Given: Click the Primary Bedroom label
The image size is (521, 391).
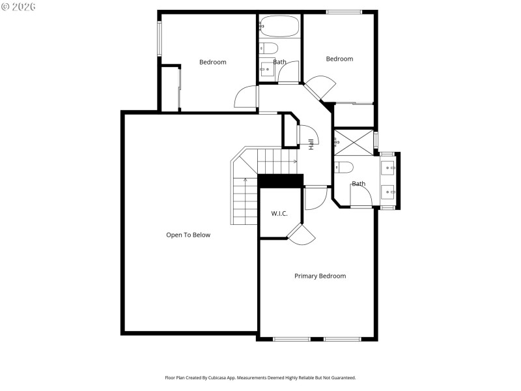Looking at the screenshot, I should (320, 276).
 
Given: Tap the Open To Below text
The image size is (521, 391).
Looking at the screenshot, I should (188, 235).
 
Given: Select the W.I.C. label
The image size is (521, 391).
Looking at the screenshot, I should (279, 214).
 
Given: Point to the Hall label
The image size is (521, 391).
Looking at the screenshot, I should (311, 145).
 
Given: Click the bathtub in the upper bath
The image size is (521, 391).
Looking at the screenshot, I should (279, 27).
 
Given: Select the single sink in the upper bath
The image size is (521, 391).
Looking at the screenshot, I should (266, 69).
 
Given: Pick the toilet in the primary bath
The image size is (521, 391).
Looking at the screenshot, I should (343, 166).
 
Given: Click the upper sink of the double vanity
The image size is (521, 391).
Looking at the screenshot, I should (387, 167).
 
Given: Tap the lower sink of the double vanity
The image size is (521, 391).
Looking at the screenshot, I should (387, 192).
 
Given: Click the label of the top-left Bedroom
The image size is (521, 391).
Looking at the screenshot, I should (212, 62).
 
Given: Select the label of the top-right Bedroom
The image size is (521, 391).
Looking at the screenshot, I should (339, 59).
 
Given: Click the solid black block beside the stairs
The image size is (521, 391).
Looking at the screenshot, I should (281, 181).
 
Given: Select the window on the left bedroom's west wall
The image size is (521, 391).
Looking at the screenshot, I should (159, 39).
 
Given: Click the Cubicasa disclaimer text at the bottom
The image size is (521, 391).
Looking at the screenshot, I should (260, 377).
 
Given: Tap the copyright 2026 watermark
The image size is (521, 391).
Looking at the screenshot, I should (19, 6).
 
